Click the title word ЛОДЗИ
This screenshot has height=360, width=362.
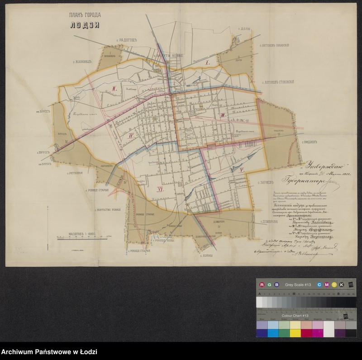click(x=85, y=25)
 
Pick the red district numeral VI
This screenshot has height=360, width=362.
click(x=160, y=189)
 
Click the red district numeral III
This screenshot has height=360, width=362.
click(x=223, y=116)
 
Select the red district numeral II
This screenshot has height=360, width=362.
click(x=115, y=89)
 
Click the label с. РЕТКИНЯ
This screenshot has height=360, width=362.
click(x=75, y=173)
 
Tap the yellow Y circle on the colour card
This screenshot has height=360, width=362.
click(x=334, y=284)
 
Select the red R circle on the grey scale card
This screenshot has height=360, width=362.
click(x=262, y=284)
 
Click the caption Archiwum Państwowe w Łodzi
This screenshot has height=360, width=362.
click(x=49, y=352)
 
